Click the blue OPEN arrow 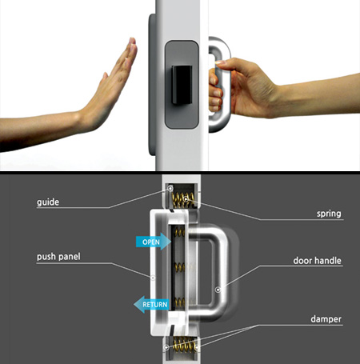(154, 242)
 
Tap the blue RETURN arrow (151, 304)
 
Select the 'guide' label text (48, 202)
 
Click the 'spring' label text (329, 214)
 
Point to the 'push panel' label (58, 257)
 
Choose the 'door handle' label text (317, 260)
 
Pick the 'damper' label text (326, 319)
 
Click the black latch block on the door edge (182, 85)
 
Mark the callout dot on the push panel (153, 278)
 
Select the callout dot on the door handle (218, 290)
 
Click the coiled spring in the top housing (183, 199)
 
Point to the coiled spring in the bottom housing (183, 344)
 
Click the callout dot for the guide (170, 189)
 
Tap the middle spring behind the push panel (180, 267)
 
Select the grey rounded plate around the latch (182, 85)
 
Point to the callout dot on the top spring (186, 198)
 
